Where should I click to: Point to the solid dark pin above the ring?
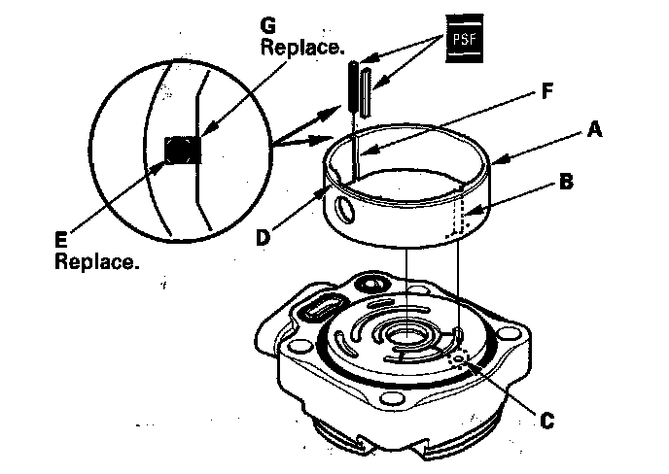pos(350,87)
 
